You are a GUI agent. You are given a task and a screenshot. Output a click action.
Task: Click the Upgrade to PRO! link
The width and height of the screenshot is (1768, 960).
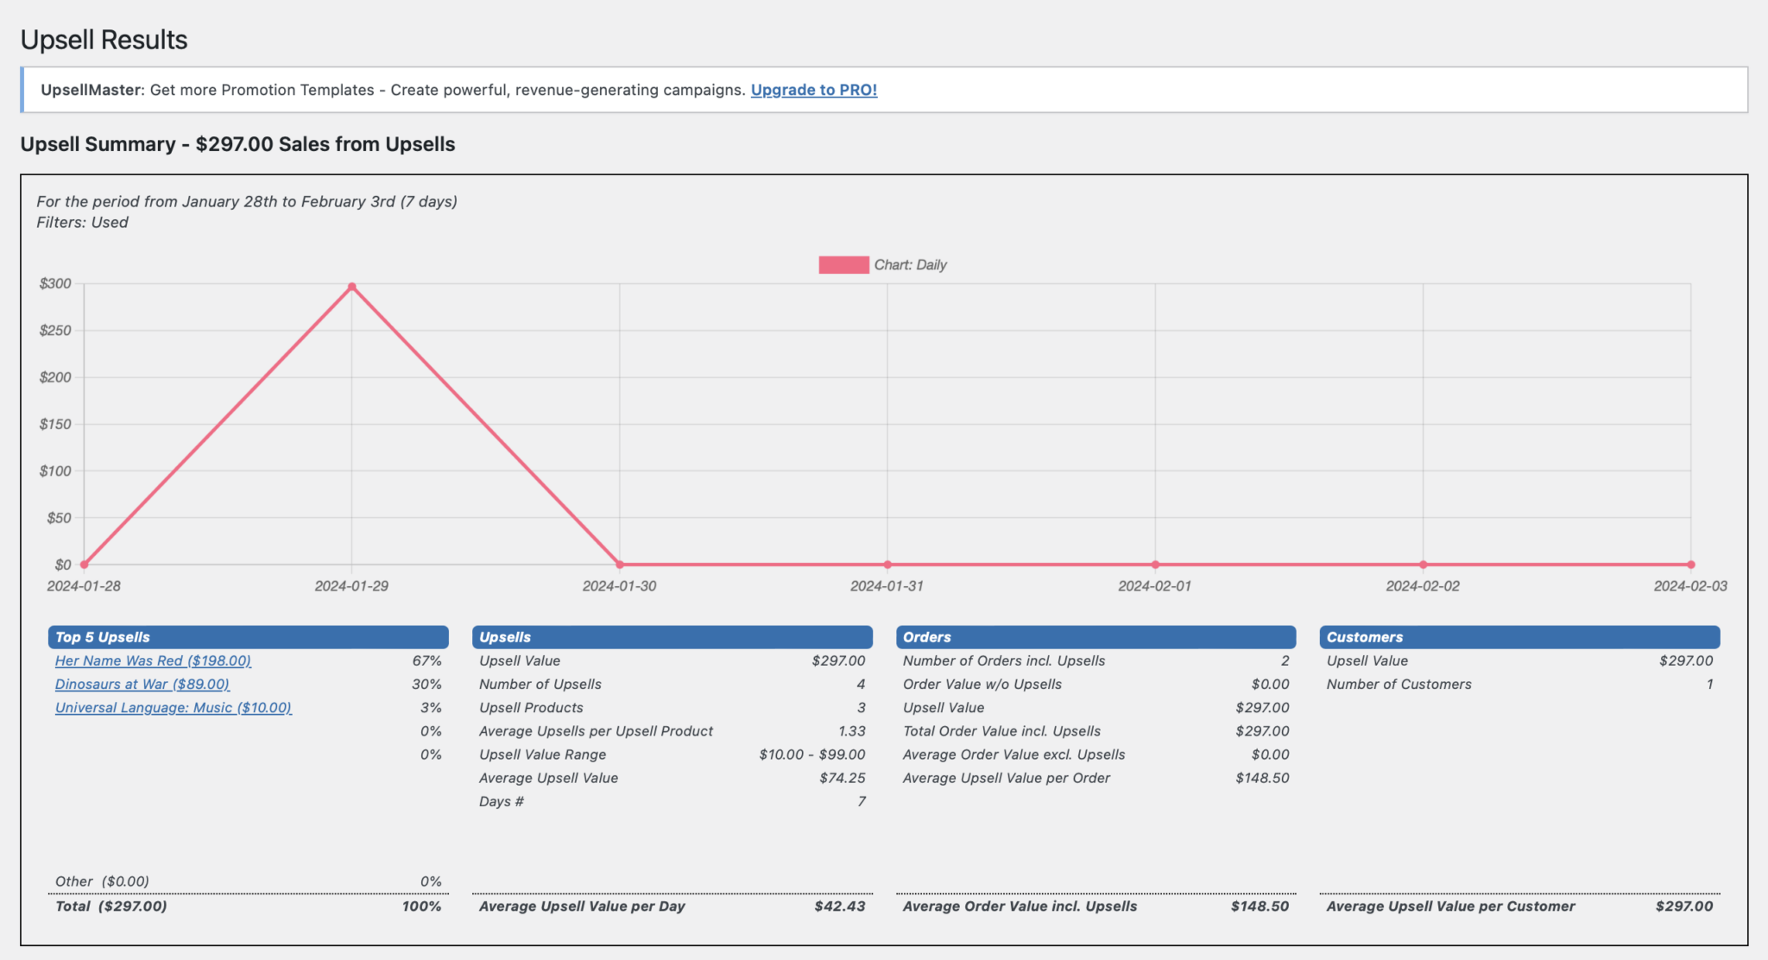(813, 90)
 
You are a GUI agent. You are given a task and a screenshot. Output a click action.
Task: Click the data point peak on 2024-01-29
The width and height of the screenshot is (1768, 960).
(351, 287)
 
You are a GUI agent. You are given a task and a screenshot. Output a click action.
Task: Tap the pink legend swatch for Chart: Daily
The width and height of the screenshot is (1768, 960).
(843, 265)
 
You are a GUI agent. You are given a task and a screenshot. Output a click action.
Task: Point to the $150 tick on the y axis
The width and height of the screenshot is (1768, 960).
(55, 424)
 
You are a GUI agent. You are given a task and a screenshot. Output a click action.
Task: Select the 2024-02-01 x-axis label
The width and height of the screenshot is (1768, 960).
(1154, 586)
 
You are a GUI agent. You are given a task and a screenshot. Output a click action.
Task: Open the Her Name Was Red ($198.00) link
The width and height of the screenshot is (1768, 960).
(153, 660)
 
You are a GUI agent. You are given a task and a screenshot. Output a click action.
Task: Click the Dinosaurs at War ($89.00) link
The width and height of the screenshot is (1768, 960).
(142, 684)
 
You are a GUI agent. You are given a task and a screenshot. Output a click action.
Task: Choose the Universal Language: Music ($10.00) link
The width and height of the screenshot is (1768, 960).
(174, 707)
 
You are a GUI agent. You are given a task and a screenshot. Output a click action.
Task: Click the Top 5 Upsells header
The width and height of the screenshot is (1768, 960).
(103, 637)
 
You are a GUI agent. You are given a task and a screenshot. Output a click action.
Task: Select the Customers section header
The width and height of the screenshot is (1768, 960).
(1364, 637)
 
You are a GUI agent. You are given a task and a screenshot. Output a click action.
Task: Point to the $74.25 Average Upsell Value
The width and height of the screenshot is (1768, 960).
(842, 778)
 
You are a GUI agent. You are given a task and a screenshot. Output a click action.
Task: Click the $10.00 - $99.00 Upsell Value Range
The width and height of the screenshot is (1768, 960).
(811, 755)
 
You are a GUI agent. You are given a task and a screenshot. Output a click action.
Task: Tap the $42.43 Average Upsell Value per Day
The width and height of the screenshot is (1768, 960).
(839, 906)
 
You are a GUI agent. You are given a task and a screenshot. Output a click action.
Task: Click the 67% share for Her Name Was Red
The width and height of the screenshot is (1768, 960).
(426, 660)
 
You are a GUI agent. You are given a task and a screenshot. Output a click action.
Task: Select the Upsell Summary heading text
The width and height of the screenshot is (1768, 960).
(237, 144)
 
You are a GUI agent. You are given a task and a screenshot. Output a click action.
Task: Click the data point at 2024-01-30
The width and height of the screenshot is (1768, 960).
(619, 565)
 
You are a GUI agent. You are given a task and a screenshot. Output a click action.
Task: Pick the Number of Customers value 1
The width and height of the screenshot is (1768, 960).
(1708, 684)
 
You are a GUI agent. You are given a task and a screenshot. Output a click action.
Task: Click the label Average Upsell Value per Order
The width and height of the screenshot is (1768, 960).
(1006, 778)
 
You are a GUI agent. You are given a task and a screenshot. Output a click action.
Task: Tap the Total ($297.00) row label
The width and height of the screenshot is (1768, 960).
(110, 906)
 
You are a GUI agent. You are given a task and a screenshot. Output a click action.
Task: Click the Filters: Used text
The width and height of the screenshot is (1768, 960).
(82, 223)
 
